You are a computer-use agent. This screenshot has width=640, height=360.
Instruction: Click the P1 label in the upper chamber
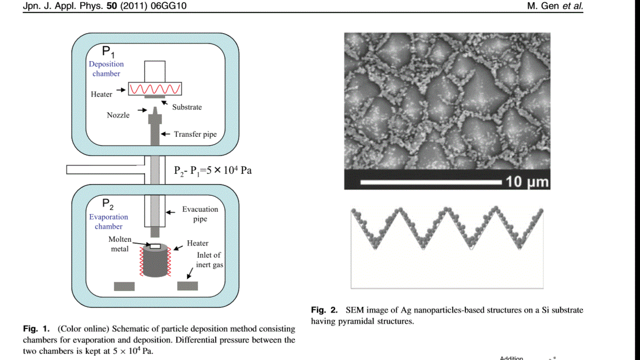point(109,52)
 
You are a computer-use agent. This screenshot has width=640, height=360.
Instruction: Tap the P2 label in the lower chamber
point(108,204)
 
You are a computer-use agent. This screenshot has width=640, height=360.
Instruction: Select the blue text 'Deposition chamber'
point(106,69)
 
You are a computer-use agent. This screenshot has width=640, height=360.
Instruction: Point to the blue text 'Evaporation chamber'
point(108,222)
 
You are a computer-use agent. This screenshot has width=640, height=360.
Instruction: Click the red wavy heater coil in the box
point(155,89)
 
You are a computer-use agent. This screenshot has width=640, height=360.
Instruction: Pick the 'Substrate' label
point(187,107)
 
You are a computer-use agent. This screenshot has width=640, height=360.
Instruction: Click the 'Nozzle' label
point(118,115)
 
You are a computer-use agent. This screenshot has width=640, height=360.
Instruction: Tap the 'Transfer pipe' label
point(195,135)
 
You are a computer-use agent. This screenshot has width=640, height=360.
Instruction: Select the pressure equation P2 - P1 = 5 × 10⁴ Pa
point(213,170)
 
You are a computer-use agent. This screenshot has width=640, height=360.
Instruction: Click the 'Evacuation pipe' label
point(200,214)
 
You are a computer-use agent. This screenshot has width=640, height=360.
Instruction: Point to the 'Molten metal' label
point(120,244)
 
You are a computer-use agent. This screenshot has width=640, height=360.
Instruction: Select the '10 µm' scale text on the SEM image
point(527,181)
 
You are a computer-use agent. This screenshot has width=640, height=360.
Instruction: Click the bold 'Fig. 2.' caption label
point(324,310)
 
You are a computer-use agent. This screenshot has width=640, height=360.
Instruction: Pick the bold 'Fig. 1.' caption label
point(36,329)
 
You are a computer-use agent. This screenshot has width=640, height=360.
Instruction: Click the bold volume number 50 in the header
point(112,7)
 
